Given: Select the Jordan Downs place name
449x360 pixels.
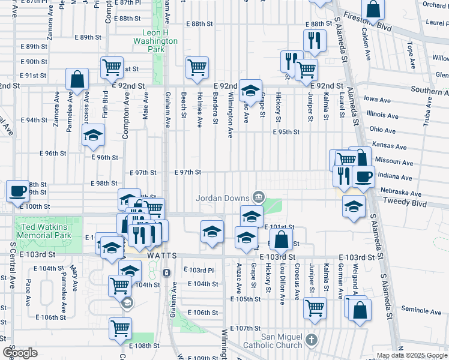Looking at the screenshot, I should (x=223, y=197).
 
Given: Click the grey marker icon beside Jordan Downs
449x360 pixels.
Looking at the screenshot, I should (x=259, y=196).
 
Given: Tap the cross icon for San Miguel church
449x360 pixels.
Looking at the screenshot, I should (x=310, y=340).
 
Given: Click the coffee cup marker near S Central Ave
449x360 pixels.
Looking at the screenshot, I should (x=17, y=191).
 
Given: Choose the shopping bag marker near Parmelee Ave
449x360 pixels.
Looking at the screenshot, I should (x=77, y=78).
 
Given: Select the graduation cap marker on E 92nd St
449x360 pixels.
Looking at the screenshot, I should (x=250, y=90).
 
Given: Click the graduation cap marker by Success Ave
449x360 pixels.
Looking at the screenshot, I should (x=94, y=136).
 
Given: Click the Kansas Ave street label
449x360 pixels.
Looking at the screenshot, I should (x=385, y=145).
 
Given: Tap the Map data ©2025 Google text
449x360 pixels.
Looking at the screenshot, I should (x=412, y=356).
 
